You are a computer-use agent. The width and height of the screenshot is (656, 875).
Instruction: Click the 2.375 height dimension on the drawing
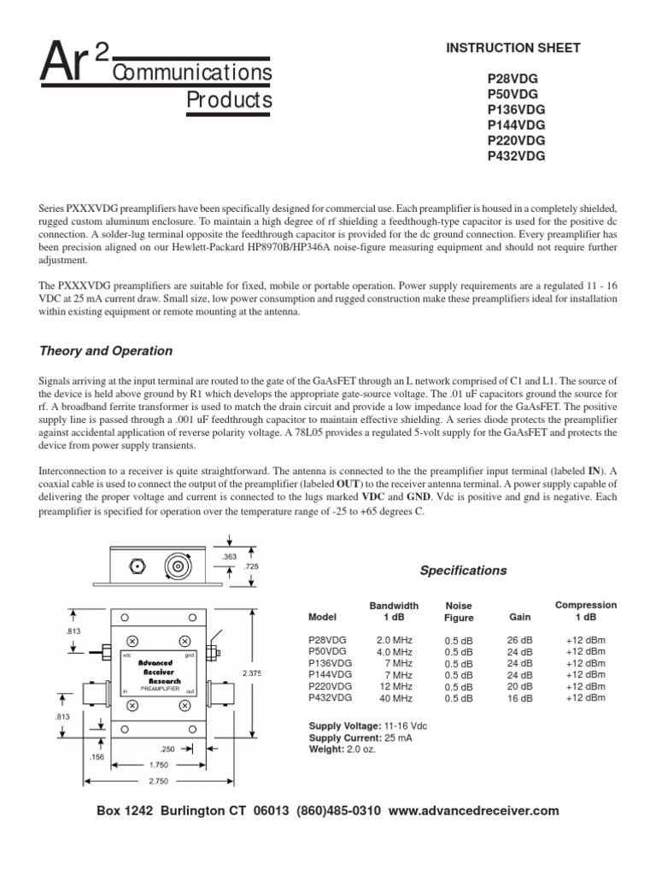click(x=252, y=673)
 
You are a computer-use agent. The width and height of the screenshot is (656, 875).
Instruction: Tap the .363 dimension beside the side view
click(x=228, y=556)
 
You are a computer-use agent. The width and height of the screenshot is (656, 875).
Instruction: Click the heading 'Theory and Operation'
click(x=107, y=350)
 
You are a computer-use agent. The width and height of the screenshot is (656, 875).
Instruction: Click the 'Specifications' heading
click(x=463, y=570)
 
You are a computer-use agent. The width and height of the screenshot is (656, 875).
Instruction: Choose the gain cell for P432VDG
click(x=519, y=698)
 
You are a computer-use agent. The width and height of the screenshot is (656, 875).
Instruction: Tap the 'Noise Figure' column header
click(x=459, y=611)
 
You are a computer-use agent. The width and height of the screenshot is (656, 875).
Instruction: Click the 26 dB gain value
click(x=519, y=639)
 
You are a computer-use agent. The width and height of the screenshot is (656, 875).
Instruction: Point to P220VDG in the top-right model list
click(x=516, y=140)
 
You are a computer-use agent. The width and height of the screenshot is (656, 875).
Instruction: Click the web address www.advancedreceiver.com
click(x=473, y=810)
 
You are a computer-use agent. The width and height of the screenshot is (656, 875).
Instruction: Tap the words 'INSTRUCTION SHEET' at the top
click(x=513, y=48)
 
